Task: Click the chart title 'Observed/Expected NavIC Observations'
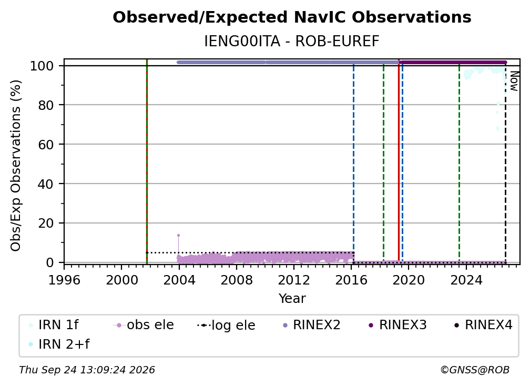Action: point(292,17)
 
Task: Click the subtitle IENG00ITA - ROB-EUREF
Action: point(292,42)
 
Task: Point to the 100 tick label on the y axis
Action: point(42,66)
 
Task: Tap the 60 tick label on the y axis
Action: point(46,145)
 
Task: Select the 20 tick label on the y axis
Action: point(46,224)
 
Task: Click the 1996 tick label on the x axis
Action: point(64,280)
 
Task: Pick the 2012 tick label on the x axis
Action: point(294,280)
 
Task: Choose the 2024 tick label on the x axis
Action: point(466,280)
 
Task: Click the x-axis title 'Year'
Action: point(292,299)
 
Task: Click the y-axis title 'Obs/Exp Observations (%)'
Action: point(16,165)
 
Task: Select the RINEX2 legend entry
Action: point(311,325)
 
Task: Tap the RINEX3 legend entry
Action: point(397,325)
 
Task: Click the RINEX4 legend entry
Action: point(483,325)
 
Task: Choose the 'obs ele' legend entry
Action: point(144,325)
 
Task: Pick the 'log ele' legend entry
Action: point(226,325)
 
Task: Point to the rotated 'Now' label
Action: point(514,81)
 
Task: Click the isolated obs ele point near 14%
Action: point(178,235)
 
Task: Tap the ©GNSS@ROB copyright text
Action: point(475,370)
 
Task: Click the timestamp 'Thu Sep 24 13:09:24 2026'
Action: point(87,370)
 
